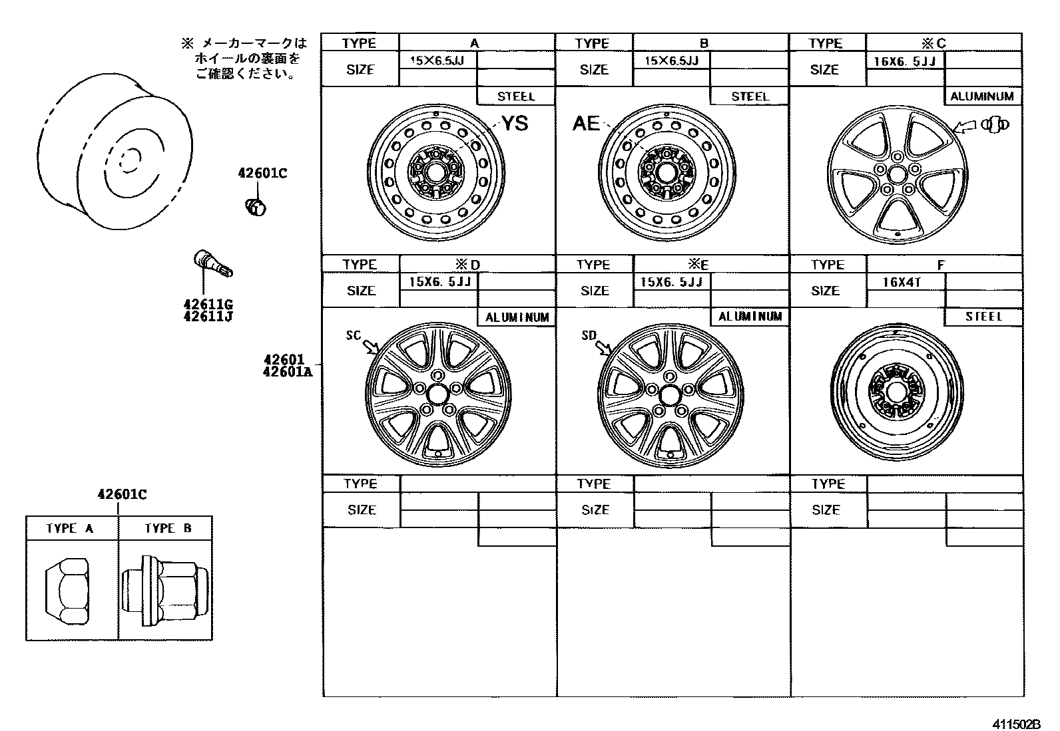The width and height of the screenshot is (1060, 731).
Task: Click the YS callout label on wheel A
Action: pyautogui.click(x=515, y=124)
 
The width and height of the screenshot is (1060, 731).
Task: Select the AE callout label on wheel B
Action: pyautogui.click(x=586, y=124)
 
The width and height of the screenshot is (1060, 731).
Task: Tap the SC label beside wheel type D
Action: pyautogui.click(x=353, y=335)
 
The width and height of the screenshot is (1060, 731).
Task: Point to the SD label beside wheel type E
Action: pyautogui.click(x=589, y=335)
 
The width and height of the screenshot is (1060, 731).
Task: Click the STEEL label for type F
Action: pyautogui.click(x=983, y=317)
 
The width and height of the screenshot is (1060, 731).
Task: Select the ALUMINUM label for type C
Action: pyautogui.click(x=982, y=96)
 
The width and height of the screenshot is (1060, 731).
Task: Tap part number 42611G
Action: pyautogui.click(x=208, y=304)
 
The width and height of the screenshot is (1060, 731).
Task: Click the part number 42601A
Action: pyautogui.click(x=287, y=372)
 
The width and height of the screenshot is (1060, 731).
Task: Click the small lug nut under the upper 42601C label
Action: pyautogui.click(x=254, y=207)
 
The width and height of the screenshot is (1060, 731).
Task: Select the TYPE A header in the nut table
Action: pyautogui.click(x=70, y=528)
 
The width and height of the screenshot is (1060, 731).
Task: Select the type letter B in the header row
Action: pyautogui.click(x=704, y=43)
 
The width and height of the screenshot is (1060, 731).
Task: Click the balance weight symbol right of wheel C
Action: pyautogui.click(x=994, y=124)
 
